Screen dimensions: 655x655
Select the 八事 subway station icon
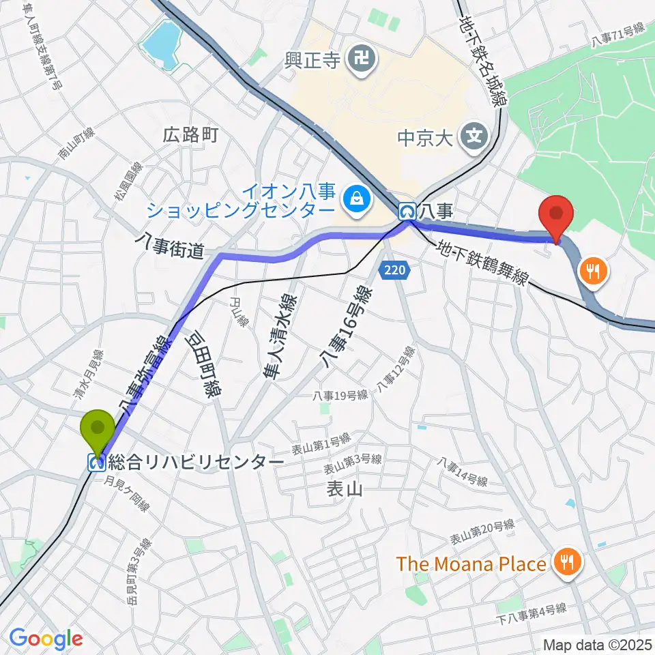tap(408, 212)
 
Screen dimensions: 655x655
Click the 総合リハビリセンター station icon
tap(96, 463)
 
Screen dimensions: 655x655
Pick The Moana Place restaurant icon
tap(568, 563)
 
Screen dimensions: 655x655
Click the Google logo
tap(46, 639)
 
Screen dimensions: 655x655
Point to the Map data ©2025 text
tap(596, 644)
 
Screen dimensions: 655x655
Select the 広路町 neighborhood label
tap(191, 134)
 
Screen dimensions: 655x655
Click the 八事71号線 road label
tap(618, 35)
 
